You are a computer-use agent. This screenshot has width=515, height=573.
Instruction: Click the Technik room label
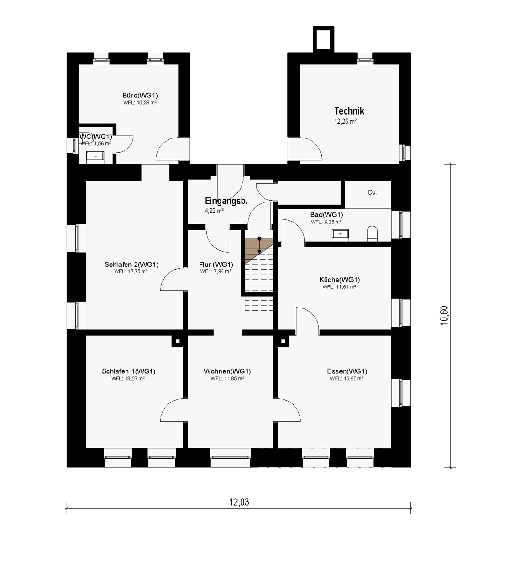tap(349, 111)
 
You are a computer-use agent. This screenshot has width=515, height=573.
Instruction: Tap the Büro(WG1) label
tap(140, 95)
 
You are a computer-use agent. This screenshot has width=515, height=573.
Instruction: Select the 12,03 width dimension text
tap(239, 502)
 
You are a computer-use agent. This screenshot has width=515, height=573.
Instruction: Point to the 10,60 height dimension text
tap(444, 315)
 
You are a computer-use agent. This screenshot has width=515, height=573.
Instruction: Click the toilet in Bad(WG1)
tap(372, 233)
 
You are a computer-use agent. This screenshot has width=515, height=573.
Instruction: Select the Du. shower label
tap(372, 192)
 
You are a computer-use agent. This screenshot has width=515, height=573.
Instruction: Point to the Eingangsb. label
tap(226, 201)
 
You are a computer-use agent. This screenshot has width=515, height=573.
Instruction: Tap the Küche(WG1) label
tap(340, 280)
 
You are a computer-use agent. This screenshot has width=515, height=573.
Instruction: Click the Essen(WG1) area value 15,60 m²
tap(347, 379)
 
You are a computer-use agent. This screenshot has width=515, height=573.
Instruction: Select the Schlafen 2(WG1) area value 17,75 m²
tap(131, 271)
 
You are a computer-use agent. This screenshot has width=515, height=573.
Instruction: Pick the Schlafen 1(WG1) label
tap(128, 371)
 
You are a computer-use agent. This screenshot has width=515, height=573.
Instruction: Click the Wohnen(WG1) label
tap(227, 371)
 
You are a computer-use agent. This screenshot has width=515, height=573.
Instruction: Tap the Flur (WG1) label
tap(216, 265)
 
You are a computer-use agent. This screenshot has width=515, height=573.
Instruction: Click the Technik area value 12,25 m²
tap(346, 121)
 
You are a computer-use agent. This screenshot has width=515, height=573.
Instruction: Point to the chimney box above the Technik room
tap(323, 39)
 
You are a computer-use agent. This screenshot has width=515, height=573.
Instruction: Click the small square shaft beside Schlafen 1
tap(178, 341)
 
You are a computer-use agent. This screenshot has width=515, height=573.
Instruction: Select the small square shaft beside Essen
tap(283, 341)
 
